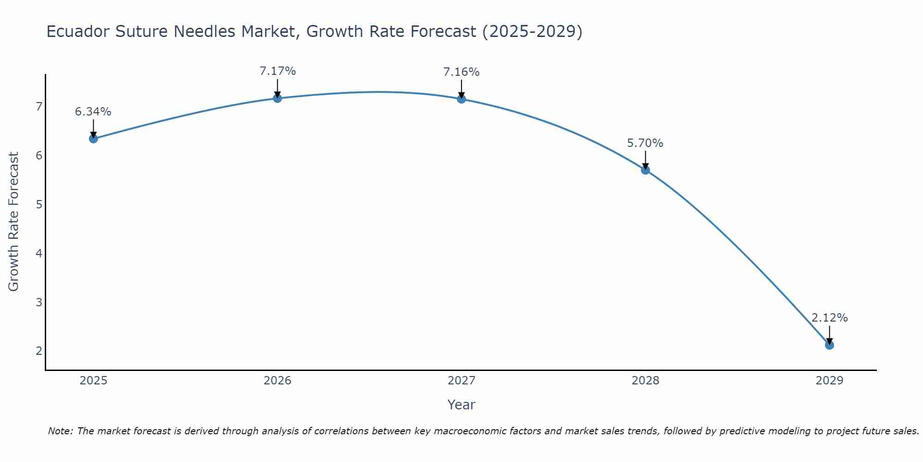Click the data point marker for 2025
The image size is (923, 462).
[x=93, y=139]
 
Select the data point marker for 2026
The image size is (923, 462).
[x=277, y=98]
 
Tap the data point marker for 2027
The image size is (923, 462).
[x=461, y=99]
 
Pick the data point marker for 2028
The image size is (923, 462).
[x=645, y=170]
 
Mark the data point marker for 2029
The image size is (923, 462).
[x=829, y=345]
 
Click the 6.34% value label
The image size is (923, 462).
[x=93, y=112]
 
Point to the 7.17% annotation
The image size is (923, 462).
[x=277, y=71]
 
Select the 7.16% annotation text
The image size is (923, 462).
[x=461, y=72]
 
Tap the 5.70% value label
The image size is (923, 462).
[x=645, y=143]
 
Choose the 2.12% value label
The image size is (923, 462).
[x=829, y=318]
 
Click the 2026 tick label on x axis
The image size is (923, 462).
[x=277, y=381]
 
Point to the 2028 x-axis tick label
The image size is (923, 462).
[x=645, y=381]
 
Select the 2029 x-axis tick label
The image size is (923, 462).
[x=829, y=381]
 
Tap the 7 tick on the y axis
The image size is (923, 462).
[x=39, y=107]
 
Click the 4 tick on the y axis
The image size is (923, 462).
[x=39, y=253]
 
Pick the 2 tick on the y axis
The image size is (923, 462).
[x=39, y=351]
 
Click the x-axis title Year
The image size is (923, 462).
[x=461, y=405]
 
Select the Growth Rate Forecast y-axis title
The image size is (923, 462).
[x=14, y=222]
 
